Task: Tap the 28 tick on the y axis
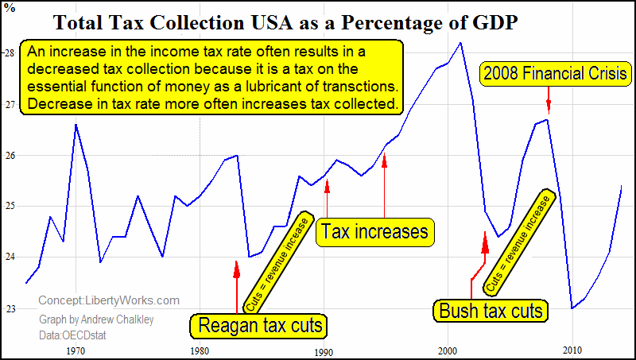pyautogui.click(x=10, y=53)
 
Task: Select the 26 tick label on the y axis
pyautogui.click(x=10, y=155)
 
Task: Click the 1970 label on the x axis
pyautogui.click(x=76, y=350)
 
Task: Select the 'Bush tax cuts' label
pyautogui.click(x=491, y=309)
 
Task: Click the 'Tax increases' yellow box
pyautogui.click(x=374, y=231)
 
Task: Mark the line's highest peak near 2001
pyautogui.click(x=460, y=43)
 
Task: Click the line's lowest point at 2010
pyautogui.click(x=572, y=308)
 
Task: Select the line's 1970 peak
pyautogui.click(x=76, y=125)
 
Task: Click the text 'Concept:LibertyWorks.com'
pyautogui.click(x=109, y=300)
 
